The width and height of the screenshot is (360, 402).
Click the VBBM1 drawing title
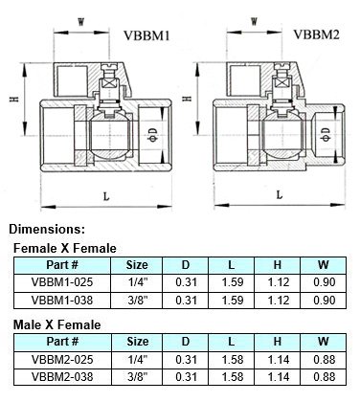tap(146, 35)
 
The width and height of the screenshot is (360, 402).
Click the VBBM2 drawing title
tap(316, 34)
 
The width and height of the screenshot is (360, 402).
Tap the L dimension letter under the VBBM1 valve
tap(106, 196)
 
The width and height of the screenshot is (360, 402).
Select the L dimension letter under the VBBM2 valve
tap(280, 194)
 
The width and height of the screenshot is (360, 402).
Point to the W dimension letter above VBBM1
tap(81, 22)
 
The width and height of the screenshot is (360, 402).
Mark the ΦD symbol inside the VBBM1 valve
tap(153, 135)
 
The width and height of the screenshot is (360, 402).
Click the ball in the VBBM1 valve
tap(110, 135)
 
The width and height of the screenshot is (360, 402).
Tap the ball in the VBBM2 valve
tap(282, 135)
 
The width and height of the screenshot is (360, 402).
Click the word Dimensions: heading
tap(47, 229)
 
